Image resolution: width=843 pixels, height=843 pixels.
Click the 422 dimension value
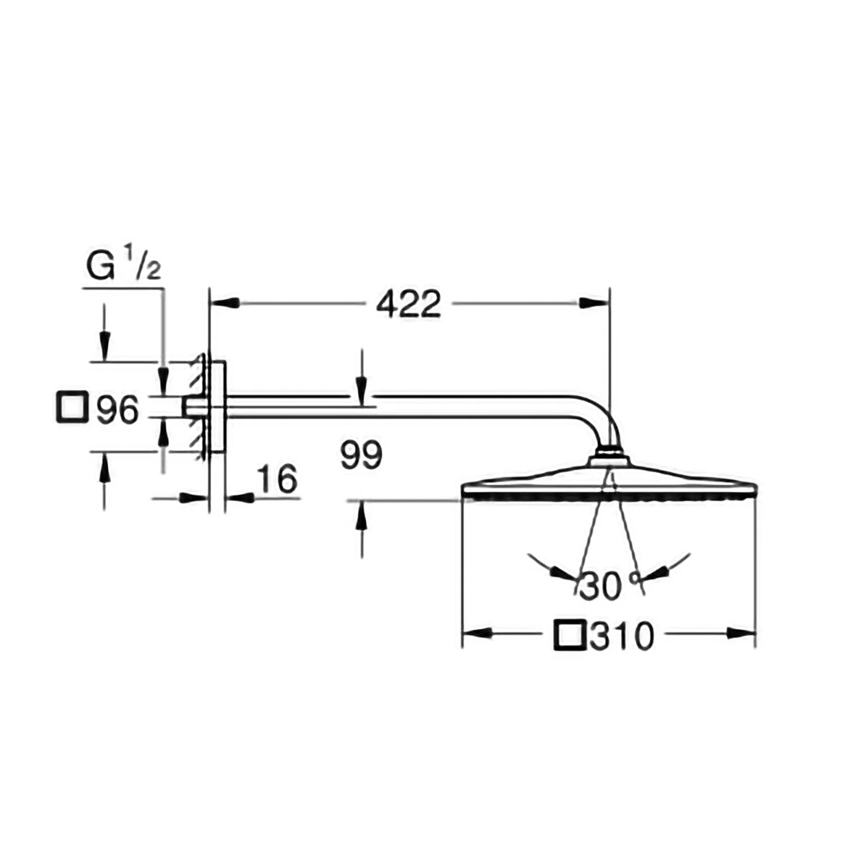(x=409, y=305)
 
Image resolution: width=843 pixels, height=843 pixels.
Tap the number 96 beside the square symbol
(x=117, y=409)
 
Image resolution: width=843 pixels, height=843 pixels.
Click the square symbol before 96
(x=72, y=407)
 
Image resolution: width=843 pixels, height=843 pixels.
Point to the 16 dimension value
(x=277, y=479)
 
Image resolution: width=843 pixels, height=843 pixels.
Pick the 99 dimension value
(x=361, y=455)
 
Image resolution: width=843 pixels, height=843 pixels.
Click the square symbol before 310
(x=570, y=635)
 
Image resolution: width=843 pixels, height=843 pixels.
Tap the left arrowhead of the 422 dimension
(x=225, y=303)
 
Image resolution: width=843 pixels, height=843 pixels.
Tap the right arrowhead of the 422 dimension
(x=593, y=303)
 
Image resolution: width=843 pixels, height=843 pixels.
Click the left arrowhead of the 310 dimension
(x=477, y=633)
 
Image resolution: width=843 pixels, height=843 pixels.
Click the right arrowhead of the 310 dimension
(x=740, y=633)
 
